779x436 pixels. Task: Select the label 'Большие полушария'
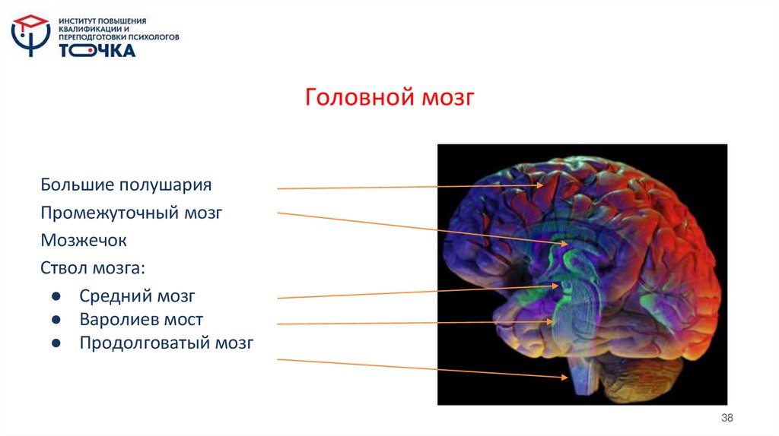pyautogui.click(x=126, y=185)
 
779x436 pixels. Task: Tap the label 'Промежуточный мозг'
pyautogui.click(x=131, y=213)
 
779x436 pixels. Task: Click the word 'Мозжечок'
pyautogui.click(x=84, y=241)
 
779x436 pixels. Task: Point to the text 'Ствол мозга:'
pyautogui.click(x=92, y=268)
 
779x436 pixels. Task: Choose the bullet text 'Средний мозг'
pyautogui.click(x=137, y=295)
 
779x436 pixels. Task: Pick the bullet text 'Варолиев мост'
pyautogui.click(x=141, y=319)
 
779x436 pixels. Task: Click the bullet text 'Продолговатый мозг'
pyautogui.click(x=166, y=343)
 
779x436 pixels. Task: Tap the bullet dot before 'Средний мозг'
pyautogui.click(x=56, y=296)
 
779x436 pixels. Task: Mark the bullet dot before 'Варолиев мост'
pyautogui.click(x=56, y=320)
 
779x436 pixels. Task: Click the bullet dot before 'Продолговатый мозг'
pyautogui.click(x=56, y=344)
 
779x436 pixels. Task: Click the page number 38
pyautogui.click(x=727, y=419)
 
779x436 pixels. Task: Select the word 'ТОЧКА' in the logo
pyautogui.click(x=98, y=51)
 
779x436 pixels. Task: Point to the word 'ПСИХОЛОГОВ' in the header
pyautogui.click(x=152, y=36)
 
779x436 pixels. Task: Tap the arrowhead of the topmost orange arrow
pyautogui.click(x=541, y=185)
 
